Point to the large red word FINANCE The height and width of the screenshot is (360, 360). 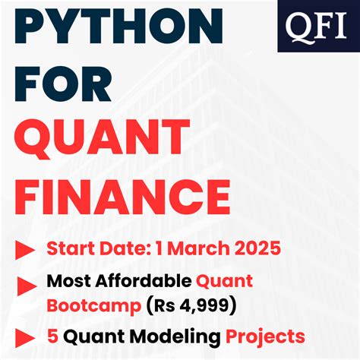[122, 195]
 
